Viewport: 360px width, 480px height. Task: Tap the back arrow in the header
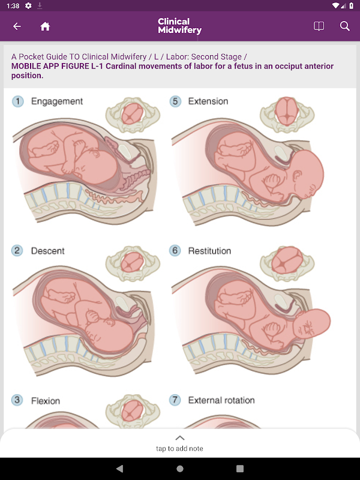pos(17,26)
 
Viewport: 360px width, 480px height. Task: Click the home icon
pos(45,26)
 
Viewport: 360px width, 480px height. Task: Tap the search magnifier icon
pos(344,26)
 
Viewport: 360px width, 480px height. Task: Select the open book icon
pos(319,26)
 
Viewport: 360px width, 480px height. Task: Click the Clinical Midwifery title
pos(179,26)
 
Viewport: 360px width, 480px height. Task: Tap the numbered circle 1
pos(18,101)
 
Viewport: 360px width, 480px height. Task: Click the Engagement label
pos(57,101)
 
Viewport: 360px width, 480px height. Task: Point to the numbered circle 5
pos(175,101)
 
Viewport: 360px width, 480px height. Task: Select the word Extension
pos(208,101)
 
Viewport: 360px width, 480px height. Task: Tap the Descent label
pos(48,251)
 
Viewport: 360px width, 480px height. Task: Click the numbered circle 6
pos(175,251)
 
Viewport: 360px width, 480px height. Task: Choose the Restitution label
pos(209,251)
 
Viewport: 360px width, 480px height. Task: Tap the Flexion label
pos(46,401)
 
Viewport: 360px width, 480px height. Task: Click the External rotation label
pos(221,400)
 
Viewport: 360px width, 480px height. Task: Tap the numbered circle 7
pos(175,400)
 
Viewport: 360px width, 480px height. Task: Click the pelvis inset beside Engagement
pos(133,115)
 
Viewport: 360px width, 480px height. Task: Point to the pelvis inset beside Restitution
pos(287,263)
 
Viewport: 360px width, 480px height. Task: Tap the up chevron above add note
pos(180,438)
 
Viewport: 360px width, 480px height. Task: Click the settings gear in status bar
pos(28,5)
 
